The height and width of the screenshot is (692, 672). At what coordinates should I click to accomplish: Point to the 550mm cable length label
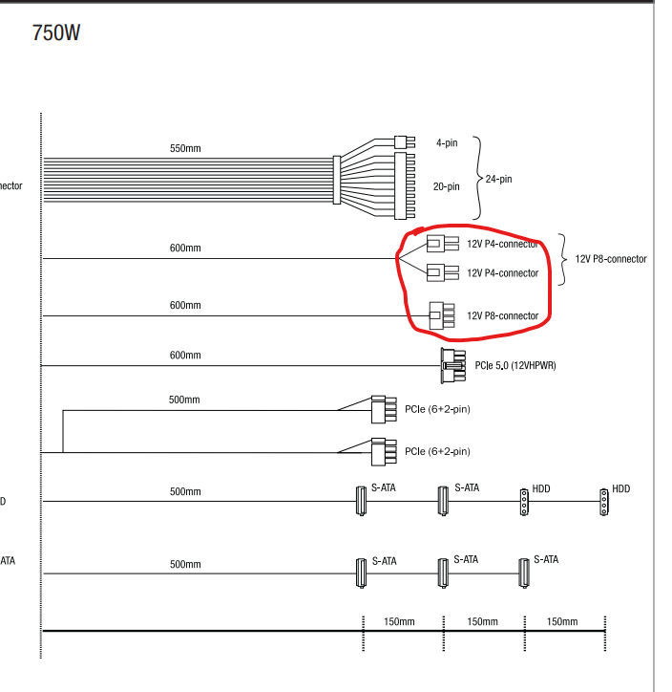click(185, 149)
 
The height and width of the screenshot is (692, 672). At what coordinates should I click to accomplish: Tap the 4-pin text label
click(447, 142)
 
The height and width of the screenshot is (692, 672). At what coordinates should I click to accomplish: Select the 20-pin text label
click(447, 186)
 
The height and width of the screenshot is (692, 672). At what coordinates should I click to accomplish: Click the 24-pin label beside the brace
click(498, 179)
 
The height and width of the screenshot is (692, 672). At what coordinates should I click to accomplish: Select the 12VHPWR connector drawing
click(451, 365)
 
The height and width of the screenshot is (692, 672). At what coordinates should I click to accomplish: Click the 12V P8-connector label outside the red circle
click(611, 259)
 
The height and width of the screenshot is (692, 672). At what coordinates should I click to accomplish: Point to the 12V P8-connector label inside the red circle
click(503, 316)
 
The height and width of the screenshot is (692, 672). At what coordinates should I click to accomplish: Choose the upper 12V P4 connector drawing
click(437, 244)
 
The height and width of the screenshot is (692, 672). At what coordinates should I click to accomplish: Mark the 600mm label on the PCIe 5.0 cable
click(185, 356)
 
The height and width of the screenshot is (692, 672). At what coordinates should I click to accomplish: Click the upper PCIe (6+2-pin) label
click(437, 410)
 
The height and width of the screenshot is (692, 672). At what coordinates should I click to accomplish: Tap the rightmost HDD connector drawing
click(602, 501)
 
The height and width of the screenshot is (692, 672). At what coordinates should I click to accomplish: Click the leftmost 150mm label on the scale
click(399, 622)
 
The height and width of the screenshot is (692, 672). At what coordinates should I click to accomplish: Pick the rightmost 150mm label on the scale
click(562, 622)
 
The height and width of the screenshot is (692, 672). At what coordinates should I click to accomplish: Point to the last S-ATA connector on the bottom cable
click(521, 572)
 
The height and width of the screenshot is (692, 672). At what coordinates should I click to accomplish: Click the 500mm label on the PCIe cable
click(184, 400)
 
